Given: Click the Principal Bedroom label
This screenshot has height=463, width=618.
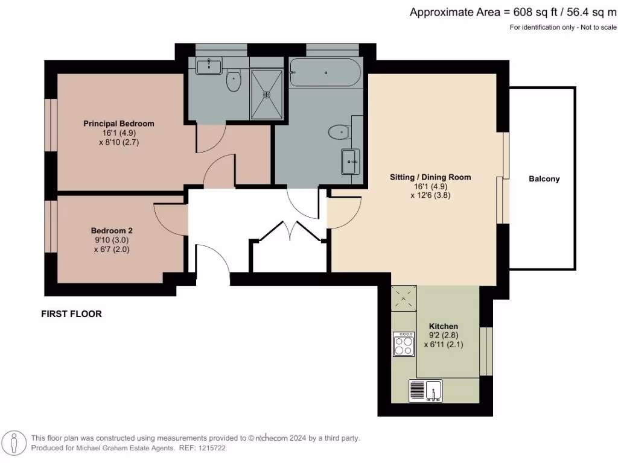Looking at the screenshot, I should pos(118,124).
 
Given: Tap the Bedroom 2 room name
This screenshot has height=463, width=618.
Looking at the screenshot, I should pos(112,230).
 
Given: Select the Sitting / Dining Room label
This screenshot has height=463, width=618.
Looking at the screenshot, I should pos(430,177).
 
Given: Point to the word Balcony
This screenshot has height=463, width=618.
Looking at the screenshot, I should pos(544,179).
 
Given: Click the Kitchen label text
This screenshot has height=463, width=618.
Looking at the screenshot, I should pos(444,326).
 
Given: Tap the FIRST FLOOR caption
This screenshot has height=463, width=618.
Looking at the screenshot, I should pos(71,314).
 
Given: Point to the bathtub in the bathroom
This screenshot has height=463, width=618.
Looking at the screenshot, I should pos(325,72).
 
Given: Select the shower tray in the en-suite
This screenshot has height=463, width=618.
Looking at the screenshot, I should pos(266,94).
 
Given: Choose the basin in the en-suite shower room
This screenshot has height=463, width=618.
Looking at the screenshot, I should pos(209,65).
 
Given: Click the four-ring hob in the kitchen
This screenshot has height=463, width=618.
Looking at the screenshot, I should pos(403,344).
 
